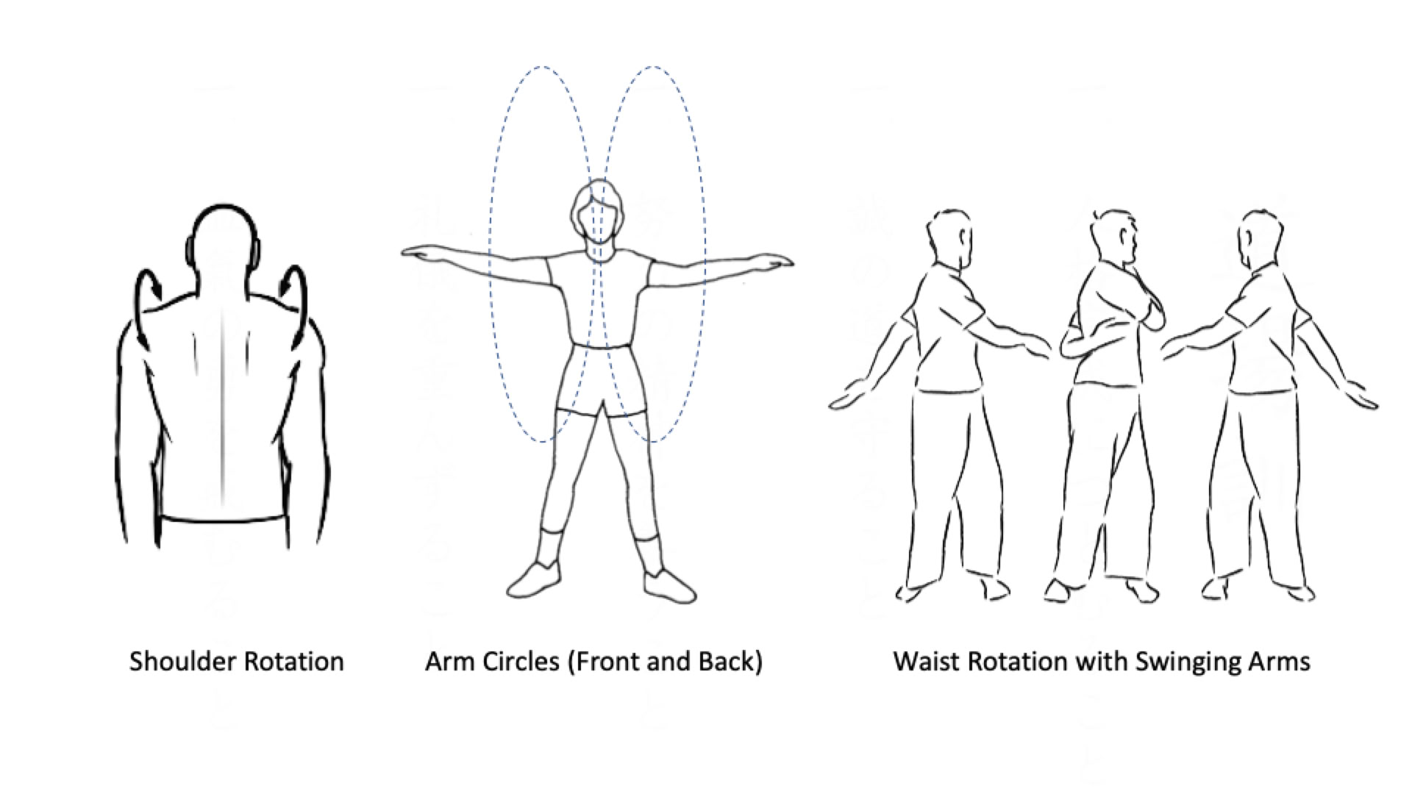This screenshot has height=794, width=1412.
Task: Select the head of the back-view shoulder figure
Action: coord(222,246)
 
